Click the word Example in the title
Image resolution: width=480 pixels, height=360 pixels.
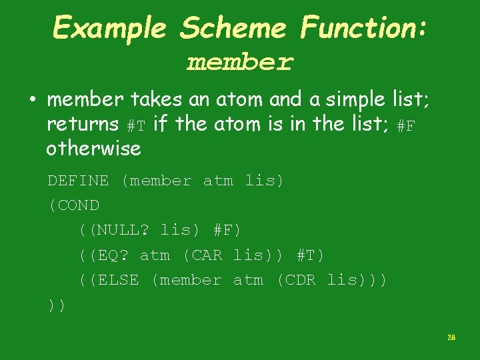click(110, 28)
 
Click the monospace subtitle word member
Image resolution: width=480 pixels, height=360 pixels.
click(240, 63)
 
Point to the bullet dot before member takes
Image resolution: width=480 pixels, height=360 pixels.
click(32, 101)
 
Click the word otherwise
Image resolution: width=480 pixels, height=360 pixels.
click(93, 148)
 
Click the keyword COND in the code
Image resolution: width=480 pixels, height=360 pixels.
click(79, 205)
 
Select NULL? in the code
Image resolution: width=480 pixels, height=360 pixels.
click(125, 231)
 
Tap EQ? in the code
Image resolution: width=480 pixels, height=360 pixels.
click(113, 255)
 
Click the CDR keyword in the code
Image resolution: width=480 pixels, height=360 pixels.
click(301, 281)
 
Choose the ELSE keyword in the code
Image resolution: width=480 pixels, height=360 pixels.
click(118, 281)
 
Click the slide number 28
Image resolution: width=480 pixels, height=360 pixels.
click(451, 338)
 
